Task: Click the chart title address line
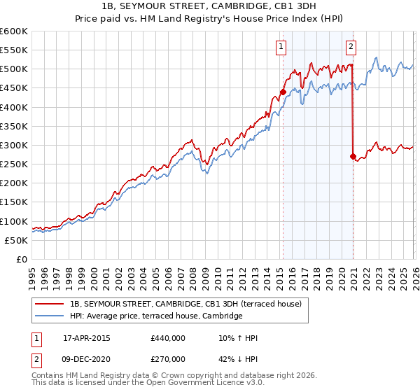(x=210, y=6)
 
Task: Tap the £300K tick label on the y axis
(x=14, y=146)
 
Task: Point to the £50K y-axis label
(x=16, y=240)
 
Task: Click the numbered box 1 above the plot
(x=281, y=47)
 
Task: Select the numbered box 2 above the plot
(x=351, y=47)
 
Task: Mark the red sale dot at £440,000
(x=283, y=92)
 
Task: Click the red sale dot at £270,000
(x=353, y=156)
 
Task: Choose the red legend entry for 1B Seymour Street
(x=185, y=304)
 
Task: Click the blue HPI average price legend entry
(x=155, y=316)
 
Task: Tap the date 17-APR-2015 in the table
(x=86, y=338)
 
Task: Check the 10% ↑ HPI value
(x=239, y=338)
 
